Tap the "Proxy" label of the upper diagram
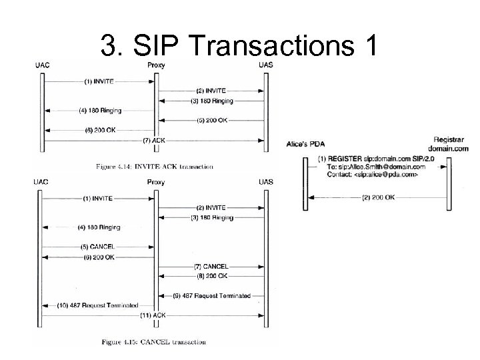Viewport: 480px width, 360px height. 155,65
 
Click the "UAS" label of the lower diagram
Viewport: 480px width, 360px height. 265,181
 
